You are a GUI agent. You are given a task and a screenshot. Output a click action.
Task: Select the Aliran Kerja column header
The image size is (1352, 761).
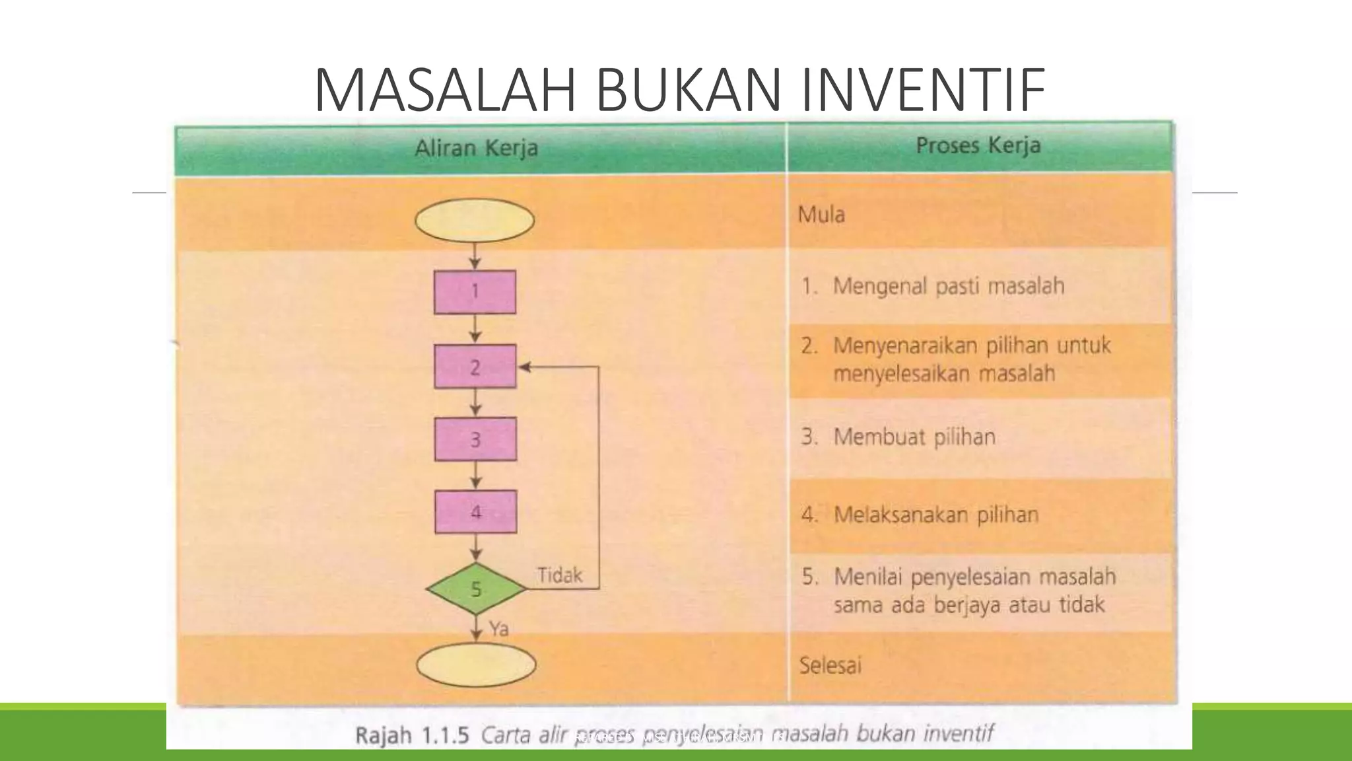click(476, 147)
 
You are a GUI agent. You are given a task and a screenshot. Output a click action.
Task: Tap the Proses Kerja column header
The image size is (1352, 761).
click(978, 145)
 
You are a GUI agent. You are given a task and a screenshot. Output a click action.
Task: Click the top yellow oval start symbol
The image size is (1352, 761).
click(474, 221)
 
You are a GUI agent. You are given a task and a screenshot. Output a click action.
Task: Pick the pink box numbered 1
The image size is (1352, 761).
click(475, 291)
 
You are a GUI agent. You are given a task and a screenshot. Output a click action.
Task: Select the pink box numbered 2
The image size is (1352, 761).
click(475, 367)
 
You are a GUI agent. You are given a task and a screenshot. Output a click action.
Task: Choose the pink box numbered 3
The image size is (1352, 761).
click(475, 439)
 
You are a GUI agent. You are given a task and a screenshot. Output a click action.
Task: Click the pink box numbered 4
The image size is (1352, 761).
click(475, 512)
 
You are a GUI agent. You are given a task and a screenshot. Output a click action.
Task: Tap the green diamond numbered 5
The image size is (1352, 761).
click(476, 589)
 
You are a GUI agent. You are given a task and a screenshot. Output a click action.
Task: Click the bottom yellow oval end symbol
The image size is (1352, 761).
click(476, 665)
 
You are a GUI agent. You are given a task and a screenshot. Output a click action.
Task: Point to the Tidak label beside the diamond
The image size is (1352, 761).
click(559, 575)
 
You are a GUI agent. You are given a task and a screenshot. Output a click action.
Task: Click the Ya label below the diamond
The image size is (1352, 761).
click(499, 629)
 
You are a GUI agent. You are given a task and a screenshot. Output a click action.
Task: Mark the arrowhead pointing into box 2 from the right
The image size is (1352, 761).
click(525, 367)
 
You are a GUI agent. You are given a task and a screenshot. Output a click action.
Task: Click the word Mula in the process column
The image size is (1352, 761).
click(821, 215)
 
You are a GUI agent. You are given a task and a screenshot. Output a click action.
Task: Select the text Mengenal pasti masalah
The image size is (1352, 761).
click(948, 286)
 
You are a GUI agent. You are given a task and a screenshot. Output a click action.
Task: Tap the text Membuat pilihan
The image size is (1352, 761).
click(914, 437)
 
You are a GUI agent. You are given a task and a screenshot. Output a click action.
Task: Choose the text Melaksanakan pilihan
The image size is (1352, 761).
click(935, 515)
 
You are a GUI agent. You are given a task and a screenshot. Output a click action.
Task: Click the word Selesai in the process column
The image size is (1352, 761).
click(830, 665)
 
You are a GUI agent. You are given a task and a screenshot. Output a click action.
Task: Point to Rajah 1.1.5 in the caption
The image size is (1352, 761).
click(412, 735)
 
